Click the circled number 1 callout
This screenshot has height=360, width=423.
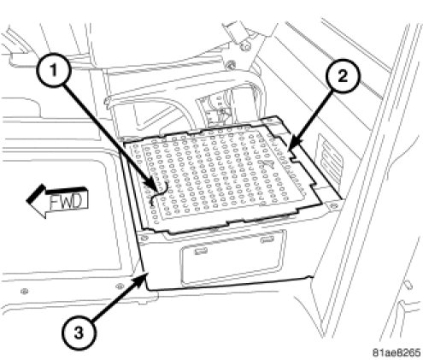pos(53,70)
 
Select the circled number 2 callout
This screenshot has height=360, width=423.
pos(343,76)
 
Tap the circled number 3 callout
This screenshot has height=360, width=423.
pos(79,333)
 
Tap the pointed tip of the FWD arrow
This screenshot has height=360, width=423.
pos(26,200)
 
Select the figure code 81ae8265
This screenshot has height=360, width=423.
pos(397,353)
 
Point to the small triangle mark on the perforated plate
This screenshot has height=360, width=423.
pos(267,163)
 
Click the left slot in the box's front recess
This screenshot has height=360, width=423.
pos(201,251)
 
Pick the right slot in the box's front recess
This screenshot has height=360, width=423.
pos(267,239)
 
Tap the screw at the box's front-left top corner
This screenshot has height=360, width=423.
pos(144,238)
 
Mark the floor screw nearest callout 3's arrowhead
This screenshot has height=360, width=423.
pos(120,285)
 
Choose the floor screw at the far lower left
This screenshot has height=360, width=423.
pos(25,291)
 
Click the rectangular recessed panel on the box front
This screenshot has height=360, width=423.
pos(233,257)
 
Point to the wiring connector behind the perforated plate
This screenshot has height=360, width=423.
pos(220,112)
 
